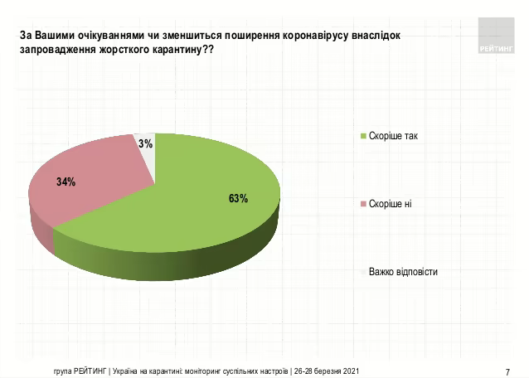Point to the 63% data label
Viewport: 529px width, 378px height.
click(239, 198)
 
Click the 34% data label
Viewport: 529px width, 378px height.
click(66, 182)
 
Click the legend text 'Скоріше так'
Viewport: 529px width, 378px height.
click(393, 135)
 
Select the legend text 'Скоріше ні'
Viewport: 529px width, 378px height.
click(390, 204)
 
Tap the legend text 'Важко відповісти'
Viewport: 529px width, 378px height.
click(403, 272)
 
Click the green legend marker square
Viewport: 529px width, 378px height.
click(362, 135)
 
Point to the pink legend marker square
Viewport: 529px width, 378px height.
click(362, 204)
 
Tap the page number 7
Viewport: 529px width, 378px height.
click(507, 371)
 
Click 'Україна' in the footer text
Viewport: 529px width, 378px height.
click(127, 371)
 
